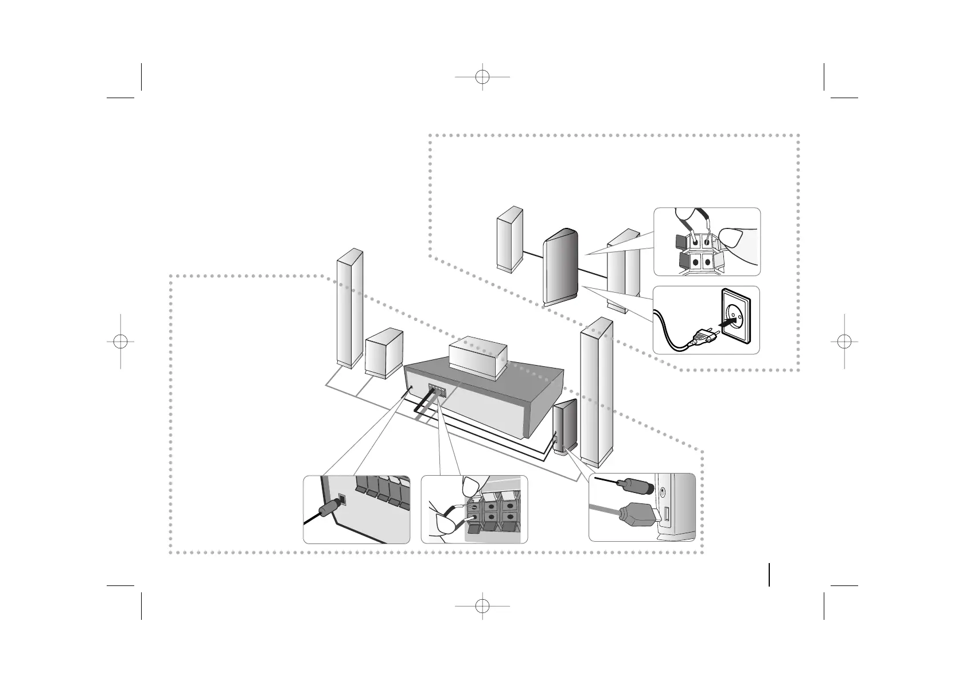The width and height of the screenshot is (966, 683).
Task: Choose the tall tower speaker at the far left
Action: point(349,309)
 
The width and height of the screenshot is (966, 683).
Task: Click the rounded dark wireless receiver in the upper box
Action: point(560,267)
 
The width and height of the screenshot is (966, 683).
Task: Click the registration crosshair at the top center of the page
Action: point(482,76)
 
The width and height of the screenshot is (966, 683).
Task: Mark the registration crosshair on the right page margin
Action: point(844,341)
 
